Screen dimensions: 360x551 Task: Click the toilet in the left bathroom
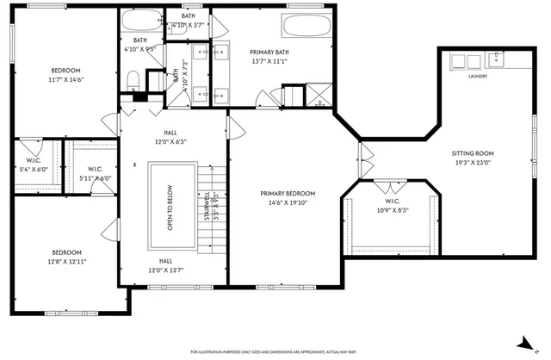coord(133,80)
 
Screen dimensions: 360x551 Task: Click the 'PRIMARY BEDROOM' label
coord(288,194)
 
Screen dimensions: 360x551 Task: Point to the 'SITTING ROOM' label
coord(473,153)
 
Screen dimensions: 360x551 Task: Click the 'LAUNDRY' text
coord(478,76)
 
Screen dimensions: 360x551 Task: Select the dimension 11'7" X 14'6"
coord(66,80)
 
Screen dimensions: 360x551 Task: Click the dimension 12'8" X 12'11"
coord(69,261)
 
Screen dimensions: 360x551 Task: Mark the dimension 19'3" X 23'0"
coord(473,163)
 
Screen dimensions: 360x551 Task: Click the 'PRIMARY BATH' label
coord(269,52)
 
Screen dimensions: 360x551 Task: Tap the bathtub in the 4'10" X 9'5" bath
coord(139,21)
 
